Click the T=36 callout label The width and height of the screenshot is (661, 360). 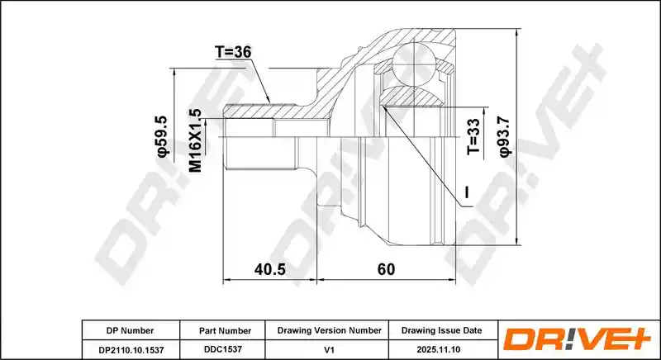(233, 52)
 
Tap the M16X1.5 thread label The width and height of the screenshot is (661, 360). (196, 140)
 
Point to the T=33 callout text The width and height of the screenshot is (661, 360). (473, 136)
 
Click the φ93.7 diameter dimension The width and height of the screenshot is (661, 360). (505, 137)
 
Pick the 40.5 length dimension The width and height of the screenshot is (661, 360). (270, 269)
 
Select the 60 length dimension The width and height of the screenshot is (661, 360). (386, 269)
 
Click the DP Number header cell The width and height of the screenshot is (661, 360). (131, 330)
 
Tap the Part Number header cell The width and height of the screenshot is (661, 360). (225, 331)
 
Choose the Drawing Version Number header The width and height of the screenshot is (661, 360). (329, 330)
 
